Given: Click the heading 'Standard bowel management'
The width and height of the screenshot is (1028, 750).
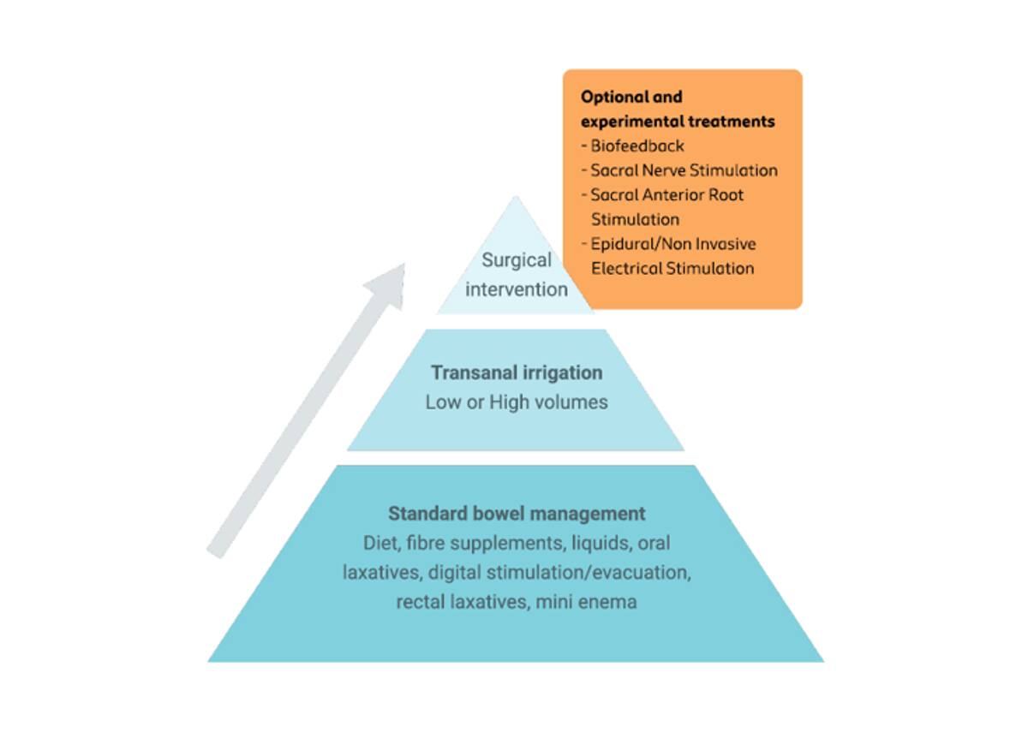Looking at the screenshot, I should point(517,514).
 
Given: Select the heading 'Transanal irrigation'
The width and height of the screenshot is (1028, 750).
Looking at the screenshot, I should point(517,373).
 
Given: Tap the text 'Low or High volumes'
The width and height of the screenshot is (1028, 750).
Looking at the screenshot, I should point(517,402).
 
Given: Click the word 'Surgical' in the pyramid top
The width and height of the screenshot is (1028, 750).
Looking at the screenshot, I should point(517,260).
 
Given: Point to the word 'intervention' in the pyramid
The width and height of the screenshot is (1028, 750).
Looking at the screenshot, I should point(517,289).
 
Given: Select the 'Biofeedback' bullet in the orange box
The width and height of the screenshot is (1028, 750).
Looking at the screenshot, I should point(637,146).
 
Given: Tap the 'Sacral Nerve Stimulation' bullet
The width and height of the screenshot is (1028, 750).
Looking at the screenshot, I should point(684,170).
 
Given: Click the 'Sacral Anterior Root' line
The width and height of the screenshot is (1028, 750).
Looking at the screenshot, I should point(667,194).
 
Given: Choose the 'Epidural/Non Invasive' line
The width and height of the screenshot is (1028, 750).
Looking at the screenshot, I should point(673,244).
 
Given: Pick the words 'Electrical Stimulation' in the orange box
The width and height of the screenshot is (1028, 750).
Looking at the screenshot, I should point(672,268).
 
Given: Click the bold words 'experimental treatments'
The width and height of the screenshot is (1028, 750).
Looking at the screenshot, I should point(678,122).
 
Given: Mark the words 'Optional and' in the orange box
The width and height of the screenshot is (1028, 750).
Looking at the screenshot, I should point(631,97).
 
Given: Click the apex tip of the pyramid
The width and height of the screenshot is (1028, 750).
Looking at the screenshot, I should point(516,199).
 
